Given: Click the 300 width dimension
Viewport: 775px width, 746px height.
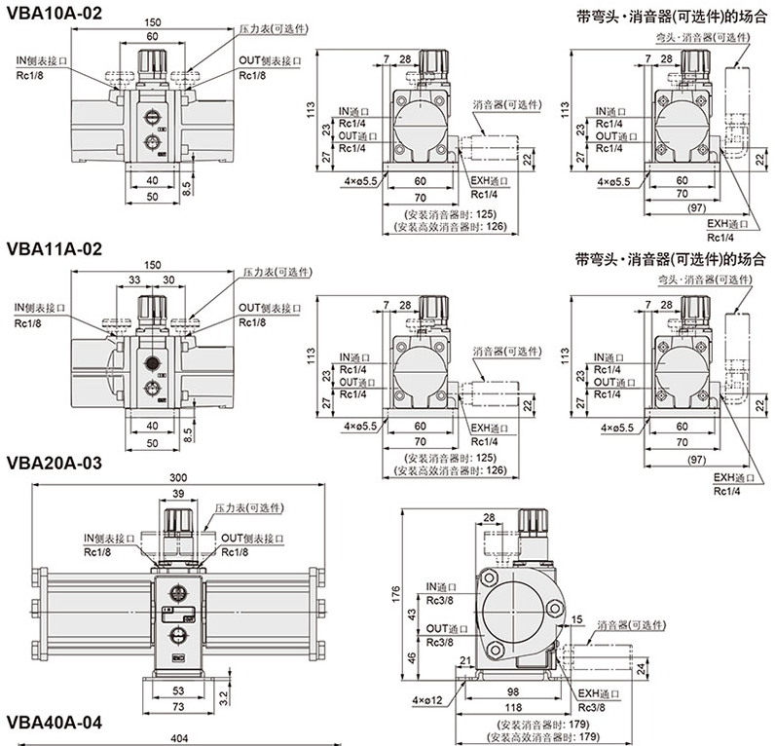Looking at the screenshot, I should [177, 478].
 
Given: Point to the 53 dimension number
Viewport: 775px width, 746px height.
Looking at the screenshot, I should [177, 690].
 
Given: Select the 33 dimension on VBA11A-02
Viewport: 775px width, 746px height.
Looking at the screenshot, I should [133, 281].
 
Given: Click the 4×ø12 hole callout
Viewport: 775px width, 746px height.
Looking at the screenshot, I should [427, 700].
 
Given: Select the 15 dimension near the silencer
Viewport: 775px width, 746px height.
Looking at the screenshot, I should [576, 620].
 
